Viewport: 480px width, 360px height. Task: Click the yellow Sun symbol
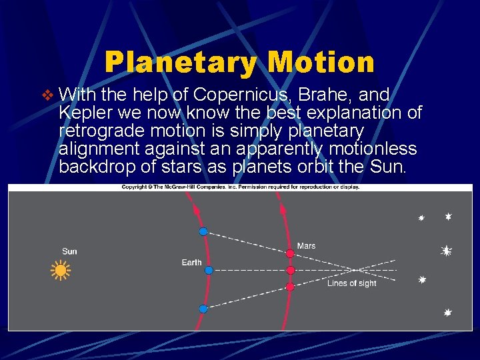(x=61, y=270)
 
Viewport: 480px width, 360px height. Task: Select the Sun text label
(x=69, y=251)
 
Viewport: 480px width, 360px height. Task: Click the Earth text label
(x=191, y=263)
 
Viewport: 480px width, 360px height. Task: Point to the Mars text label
(x=306, y=246)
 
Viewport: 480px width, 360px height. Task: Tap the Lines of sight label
(x=351, y=283)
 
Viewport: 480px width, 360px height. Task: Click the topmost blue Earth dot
(x=203, y=231)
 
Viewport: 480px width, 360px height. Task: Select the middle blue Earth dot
(x=209, y=270)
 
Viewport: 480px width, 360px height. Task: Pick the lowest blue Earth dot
(x=203, y=309)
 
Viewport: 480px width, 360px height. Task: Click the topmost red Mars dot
(x=290, y=253)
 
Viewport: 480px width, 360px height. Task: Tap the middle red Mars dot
(x=291, y=270)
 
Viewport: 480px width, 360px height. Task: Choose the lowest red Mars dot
(x=290, y=287)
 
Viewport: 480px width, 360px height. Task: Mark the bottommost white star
(x=448, y=312)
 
